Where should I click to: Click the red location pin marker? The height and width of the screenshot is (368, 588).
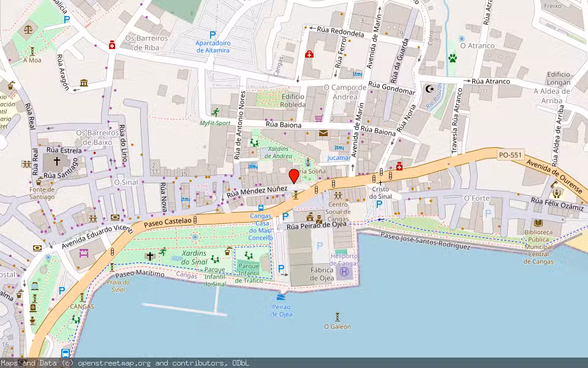294,176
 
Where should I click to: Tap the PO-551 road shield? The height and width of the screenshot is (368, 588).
510,155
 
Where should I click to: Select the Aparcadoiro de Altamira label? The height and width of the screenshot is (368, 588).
213,47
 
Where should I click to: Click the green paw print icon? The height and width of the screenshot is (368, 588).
453,58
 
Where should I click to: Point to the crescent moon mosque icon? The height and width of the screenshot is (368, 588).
429,90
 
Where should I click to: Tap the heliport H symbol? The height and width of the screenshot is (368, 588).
344,271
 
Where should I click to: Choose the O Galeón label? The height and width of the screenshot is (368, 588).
337,326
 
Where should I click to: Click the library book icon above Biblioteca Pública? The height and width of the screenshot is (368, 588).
538,224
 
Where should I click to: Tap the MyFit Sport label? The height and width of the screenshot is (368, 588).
215,123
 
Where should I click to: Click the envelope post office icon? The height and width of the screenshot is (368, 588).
323,133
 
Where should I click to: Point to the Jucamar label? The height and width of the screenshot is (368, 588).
339,158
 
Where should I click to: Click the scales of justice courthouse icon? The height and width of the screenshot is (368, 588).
28,28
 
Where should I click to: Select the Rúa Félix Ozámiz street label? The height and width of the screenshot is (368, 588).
558,205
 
